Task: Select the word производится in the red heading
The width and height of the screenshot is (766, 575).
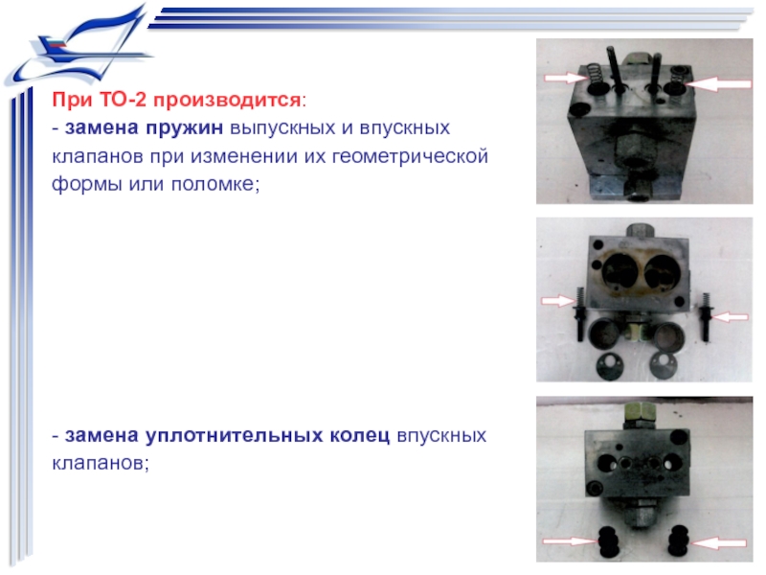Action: (x=227, y=101)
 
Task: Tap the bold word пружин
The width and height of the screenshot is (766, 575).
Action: (x=185, y=128)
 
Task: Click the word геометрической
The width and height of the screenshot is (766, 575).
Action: (x=410, y=157)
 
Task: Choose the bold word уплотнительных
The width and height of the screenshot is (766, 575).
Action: (x=234, y=436)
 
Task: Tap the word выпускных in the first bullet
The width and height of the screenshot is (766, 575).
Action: (x=282, y=129)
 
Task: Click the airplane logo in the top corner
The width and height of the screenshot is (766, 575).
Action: (x=80, y=46)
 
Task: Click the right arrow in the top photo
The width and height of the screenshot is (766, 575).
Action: (x=717, y=84)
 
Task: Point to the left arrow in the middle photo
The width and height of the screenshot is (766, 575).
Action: (x=559, y=301)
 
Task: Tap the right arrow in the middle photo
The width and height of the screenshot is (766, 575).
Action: (x=730, y=317)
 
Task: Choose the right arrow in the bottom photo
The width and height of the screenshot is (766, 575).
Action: (x=718, y=542)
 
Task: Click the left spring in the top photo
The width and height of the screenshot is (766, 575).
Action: (x=594, y=77)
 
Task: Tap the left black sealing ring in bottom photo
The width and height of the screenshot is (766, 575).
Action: (x=608, y=541)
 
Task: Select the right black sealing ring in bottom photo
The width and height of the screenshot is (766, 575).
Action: (x=679, y=541)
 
